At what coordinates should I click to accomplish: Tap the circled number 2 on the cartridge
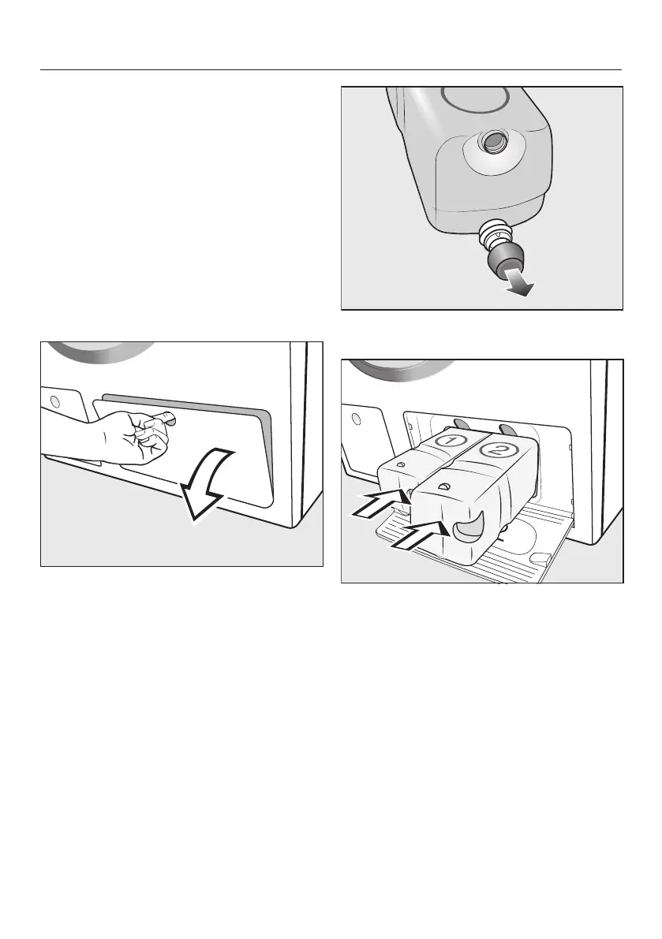click(496, 450)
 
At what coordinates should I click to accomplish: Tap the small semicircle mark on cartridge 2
click(444, 486)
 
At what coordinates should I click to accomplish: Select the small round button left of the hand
click(56, 400)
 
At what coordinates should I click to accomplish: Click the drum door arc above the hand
click(101, 353)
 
